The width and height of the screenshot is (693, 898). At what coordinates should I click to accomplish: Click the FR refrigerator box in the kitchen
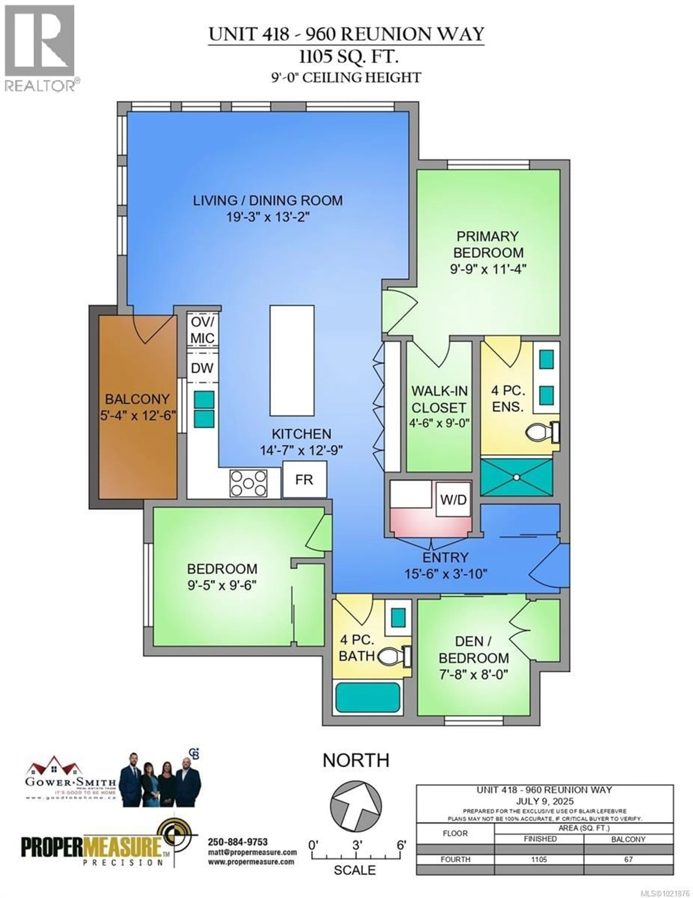click(x=304, y=479)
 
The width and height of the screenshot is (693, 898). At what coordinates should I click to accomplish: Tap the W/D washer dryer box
click(x=453, y=499)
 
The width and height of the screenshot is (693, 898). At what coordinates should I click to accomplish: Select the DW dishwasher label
click(x=202, y=368)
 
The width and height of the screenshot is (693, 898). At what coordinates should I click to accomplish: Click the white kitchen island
click(x=292, y=361)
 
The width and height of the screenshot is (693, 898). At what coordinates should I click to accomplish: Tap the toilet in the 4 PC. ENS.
click(x=541, y=432)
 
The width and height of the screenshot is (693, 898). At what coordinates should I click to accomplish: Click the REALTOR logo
click(x=40, y=47)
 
